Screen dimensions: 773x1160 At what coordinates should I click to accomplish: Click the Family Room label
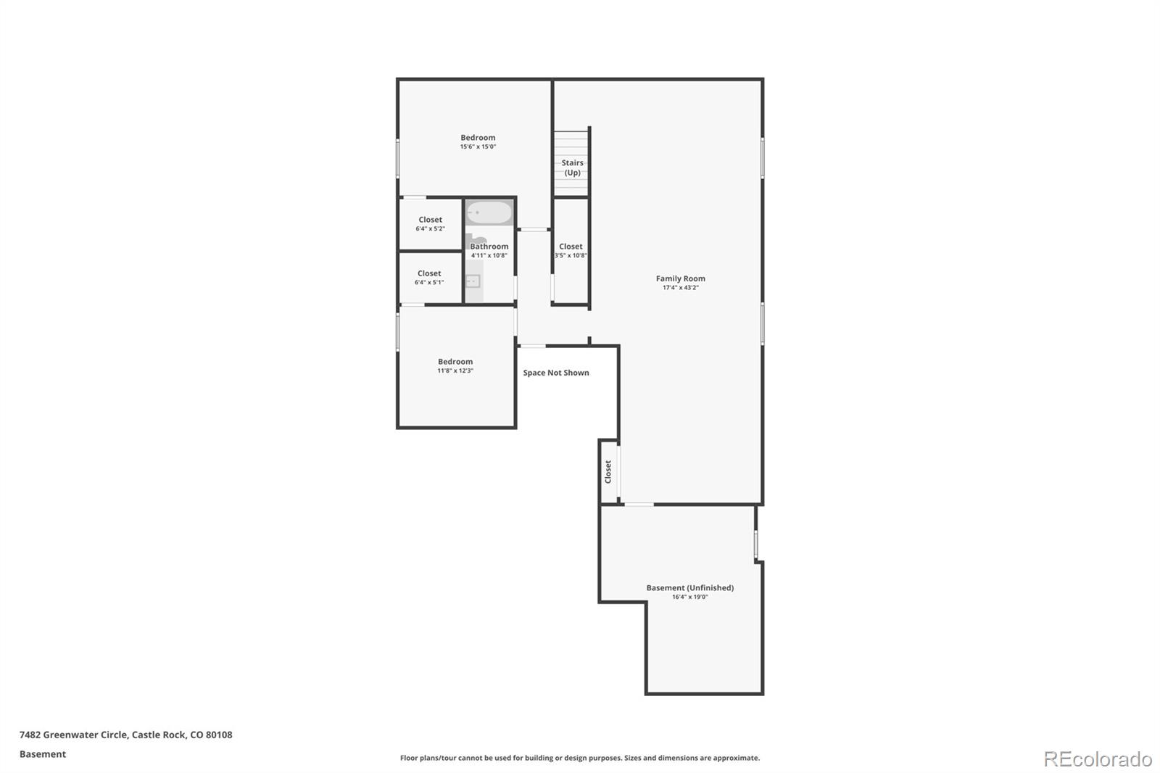[680, 278]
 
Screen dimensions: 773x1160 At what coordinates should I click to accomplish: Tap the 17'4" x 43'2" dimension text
[680, 288]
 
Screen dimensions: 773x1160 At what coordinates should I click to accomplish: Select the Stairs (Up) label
[572, 168]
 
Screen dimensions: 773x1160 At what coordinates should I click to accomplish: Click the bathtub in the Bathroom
[489, 213]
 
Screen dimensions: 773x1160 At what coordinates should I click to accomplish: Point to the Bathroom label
[489, 247]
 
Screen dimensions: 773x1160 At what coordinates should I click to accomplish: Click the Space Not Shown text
[556, 373]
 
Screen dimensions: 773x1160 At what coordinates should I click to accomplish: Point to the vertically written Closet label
[608, 472]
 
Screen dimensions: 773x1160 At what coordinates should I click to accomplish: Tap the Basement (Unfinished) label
[689, 588]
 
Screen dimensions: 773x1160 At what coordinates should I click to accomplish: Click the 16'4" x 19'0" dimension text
[689, 598]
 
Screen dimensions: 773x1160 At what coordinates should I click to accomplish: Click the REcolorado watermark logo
[1097, 759]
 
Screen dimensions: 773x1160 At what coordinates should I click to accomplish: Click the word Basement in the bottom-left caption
[43, 754]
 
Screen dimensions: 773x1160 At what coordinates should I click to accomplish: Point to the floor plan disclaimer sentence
[580, 758]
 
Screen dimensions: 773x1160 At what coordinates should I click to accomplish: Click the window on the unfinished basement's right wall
[755, 543]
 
